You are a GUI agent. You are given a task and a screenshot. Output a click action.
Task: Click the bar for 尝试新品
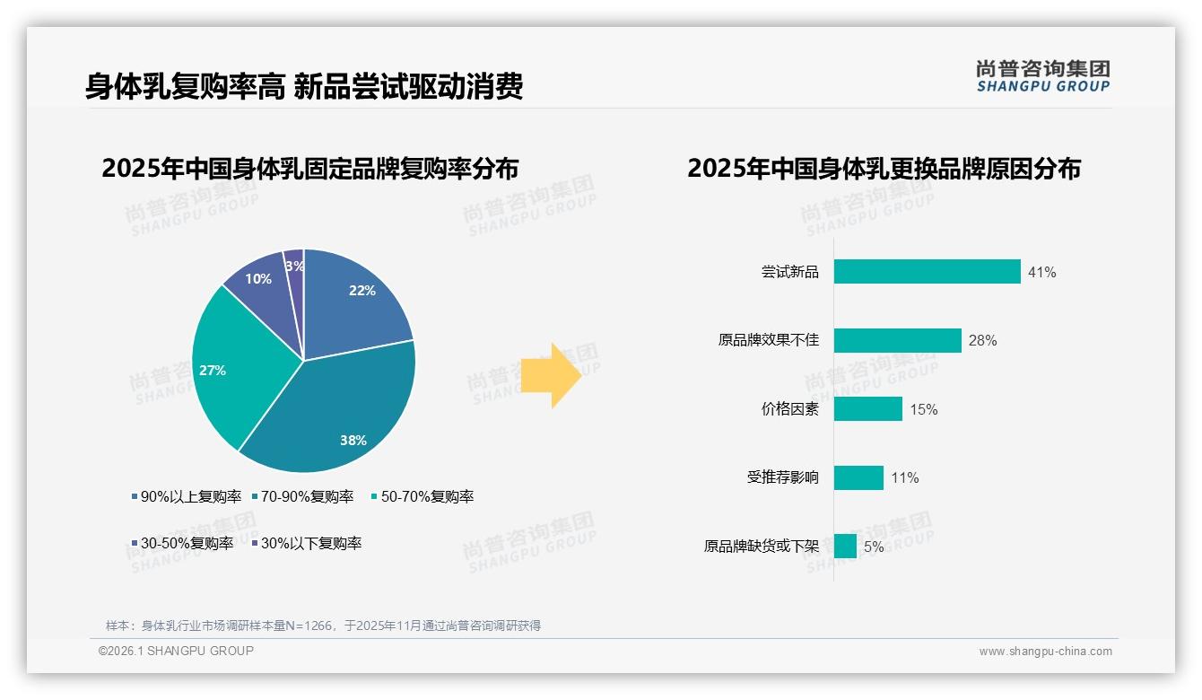point(927,272)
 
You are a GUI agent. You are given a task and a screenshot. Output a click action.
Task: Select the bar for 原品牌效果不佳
point(897,340)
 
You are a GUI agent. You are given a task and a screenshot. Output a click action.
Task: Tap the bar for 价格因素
point(867,409)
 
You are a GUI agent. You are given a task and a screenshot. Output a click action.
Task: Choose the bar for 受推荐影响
point(858,477)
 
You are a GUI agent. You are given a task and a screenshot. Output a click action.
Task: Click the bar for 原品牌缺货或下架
point(845,546)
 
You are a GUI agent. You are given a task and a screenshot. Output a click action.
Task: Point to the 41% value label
point(1042,272)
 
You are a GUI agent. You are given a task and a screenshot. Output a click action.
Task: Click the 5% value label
point(874,547)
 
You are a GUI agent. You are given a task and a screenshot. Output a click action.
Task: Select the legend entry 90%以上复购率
point(187,496)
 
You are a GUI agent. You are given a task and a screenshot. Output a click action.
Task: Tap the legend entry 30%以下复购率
point(307,543)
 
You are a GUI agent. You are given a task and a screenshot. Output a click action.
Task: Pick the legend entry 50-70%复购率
point(422,496)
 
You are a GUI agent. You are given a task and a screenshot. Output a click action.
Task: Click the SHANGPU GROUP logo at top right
point(1042,75)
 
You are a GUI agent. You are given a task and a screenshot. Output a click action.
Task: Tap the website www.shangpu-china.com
point(1045,652)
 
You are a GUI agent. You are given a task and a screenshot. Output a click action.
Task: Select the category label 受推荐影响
point(782,477)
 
